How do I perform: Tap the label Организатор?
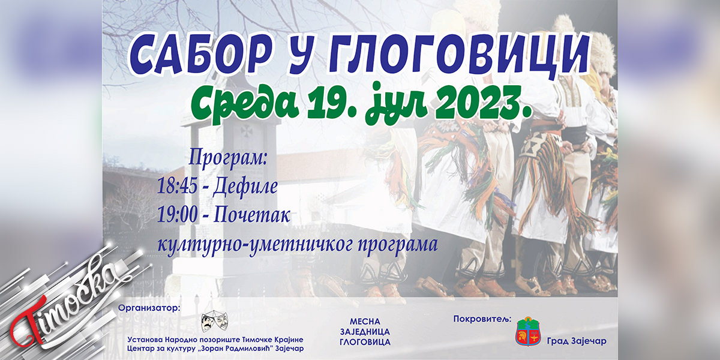(x=149, y=308)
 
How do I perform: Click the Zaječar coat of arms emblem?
(x=529, y=332)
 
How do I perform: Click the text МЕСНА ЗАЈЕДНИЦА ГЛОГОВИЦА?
(x=365, y=332)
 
